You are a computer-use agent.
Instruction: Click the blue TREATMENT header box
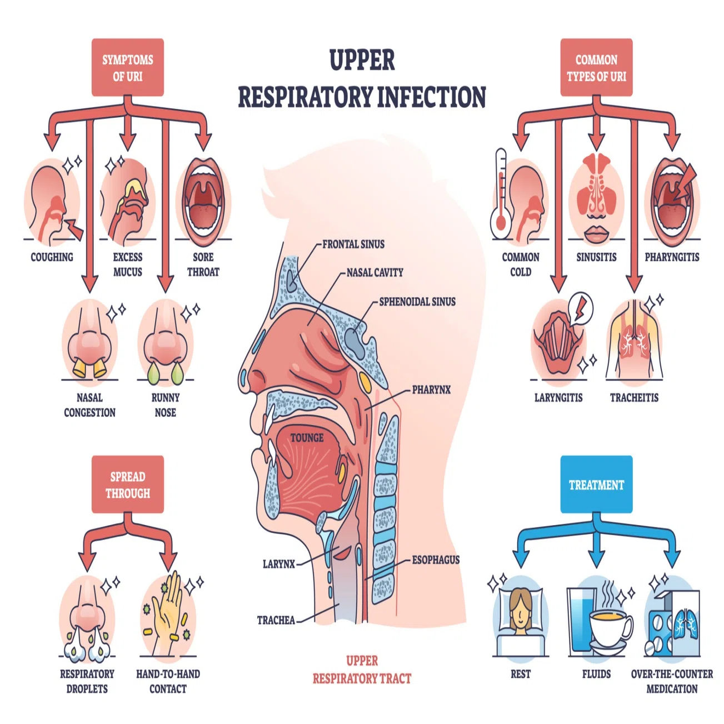pyautogui.click(x=596, y=485)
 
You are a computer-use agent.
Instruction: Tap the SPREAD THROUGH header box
pyautogui.click(x=128, y=485)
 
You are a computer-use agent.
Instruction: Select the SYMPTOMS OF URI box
pyautogui.click(x=128, y=67)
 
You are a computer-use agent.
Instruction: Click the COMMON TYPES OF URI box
pyautogui.click(x=596, y=67)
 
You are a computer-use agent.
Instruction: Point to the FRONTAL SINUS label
pyautogui.click(x=353, y=244)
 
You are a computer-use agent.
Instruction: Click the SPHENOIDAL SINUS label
pyautogui.click(x=417, y=302)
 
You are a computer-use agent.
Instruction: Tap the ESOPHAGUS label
pyautogui.click(x=436, y=560)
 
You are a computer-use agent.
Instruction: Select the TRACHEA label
pyautogui.click(x=276, y=620)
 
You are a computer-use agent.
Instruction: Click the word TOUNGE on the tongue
pyautogui.click(x=307, y=438)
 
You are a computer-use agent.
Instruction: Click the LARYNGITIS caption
pyautogui.click(x=558, y=397)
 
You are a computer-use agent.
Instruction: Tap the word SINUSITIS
pyautogui.click(x=596, y=257)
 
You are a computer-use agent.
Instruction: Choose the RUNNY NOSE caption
pyautogui.click(x=166, y=405)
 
